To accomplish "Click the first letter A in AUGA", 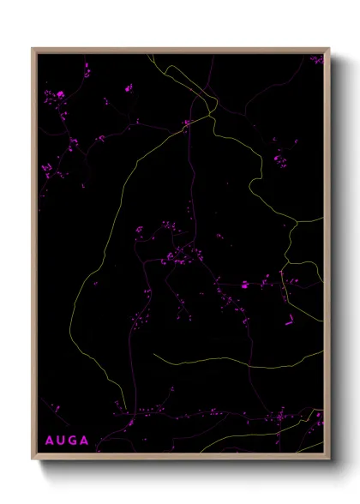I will point(49,441).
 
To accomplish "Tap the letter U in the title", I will point(62,441).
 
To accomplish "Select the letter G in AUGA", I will point(75,441).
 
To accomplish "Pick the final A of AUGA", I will point(87,441).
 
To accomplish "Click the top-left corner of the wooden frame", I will point(33,49).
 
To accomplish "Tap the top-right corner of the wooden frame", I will point(329,49).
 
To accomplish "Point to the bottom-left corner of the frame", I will point(33,459).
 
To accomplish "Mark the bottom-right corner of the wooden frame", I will point(329,459).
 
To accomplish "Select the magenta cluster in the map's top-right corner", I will point(317,60).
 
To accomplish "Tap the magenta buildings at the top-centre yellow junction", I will point(186,124).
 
